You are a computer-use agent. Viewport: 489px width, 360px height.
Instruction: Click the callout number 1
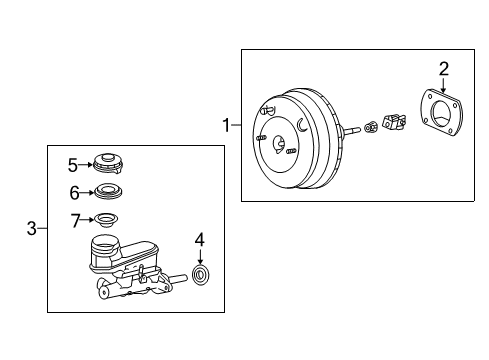[226, 125]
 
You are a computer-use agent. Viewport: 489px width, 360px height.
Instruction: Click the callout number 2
[444, 68]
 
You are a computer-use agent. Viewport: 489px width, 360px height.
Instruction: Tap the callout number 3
[32, 229]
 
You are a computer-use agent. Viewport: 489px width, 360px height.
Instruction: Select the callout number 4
[199, 240]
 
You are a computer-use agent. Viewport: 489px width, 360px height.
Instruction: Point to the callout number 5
[72, 164]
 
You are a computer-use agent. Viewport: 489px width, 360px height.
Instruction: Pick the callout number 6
[72, 192]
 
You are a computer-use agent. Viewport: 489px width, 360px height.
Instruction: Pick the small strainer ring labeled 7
[105, 220]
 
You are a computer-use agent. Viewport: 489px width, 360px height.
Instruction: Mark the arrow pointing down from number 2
[444, 88]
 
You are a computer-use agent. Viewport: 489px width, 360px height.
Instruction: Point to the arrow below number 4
[200, 256]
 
